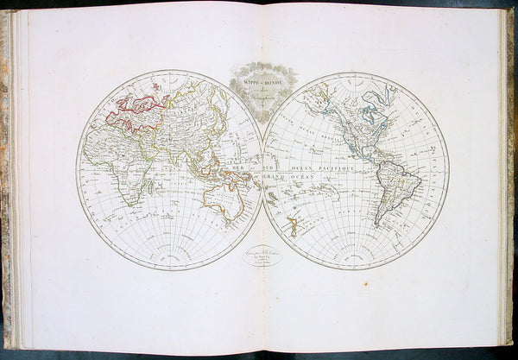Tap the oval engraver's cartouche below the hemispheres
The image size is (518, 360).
point(262,256)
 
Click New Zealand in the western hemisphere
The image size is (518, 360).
point(293,227)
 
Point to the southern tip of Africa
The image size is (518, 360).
point(130,204)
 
